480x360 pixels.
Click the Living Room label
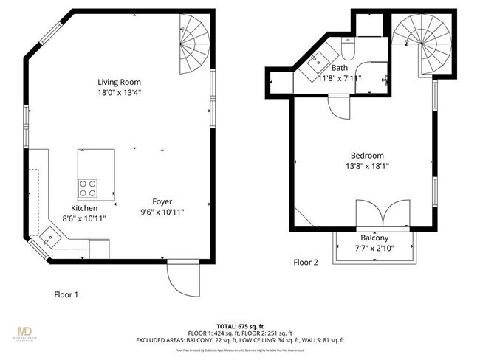tap(119, 82)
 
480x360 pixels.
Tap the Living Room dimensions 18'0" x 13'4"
tap(119, 93)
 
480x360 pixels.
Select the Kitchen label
tap(84, 208)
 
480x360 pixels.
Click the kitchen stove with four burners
tap(89, 187)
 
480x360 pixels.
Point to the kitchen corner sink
tap(50, 238)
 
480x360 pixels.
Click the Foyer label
tap(162, 201)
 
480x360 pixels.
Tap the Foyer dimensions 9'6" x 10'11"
tap(162, 212)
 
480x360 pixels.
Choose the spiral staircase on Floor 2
tap(416, 43)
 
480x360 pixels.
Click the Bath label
tap(339, 68)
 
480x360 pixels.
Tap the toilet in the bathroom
tap(349, 49)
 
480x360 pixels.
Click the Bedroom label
tap(366, 156)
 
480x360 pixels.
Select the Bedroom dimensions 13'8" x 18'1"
tap(366, 167)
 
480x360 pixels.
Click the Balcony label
tap(374, 238)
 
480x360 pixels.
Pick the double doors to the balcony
tap(382, 213)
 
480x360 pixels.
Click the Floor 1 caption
tap(66, 294)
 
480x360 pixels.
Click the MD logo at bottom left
tap(28, 331)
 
